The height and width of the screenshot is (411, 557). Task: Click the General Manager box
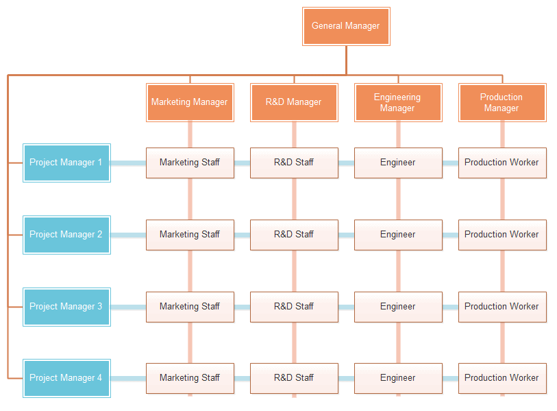click(x=346, y=26)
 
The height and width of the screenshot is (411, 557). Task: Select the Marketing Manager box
click(x=190, y=102)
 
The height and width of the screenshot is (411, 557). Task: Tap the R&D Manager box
click(x=294, y=102)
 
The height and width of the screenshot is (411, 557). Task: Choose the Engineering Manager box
click(x=397, y=102)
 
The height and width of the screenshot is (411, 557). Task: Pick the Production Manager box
click(x=502, y=102)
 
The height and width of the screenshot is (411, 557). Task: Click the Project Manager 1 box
click(x=66, y=163)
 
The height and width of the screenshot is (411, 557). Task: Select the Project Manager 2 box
click(x=66, y=235)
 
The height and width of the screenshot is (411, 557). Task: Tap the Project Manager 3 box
click(x=66, y=306)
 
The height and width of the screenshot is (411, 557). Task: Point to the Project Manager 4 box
click(x=66, y=378)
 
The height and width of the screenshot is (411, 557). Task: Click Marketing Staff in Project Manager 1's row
click(x=190, y=163)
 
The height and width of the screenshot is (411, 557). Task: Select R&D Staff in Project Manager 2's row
click(x=294, y=235)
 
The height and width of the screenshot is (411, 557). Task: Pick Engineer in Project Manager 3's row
click(x=397, y=306)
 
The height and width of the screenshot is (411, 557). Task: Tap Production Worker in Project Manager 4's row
click(x=502, y=378)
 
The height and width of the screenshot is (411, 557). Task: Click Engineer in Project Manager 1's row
click(x=397, y=163)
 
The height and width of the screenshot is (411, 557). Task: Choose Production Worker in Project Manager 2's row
click(x=502, y=235)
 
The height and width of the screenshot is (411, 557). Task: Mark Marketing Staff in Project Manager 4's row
click(x=190, y=378)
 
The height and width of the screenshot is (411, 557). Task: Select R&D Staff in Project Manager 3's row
click(x=294, y=306)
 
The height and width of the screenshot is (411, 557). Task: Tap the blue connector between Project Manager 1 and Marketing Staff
click(x=128, y=163)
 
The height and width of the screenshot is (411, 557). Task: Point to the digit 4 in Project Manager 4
click(x=99, y=378)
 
